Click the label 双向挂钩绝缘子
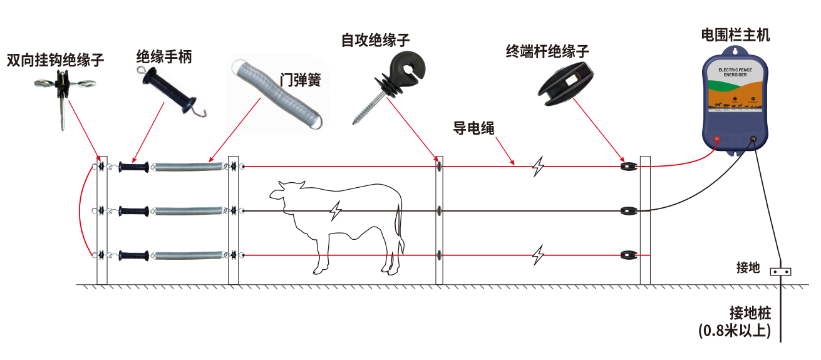(55, 60)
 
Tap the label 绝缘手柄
(164, 58)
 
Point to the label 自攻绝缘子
(376, 41)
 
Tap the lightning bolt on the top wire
(537, 167)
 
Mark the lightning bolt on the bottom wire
(537, 255)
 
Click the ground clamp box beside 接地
(780, 272)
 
